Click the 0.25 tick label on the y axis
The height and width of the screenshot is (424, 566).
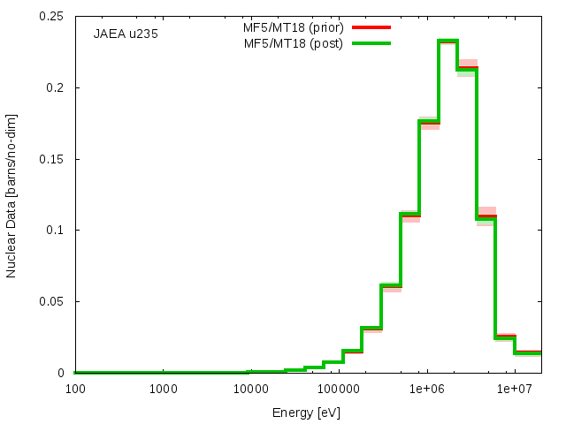click(x=51, y=17)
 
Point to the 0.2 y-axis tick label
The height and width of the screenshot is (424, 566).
click(x=55, y=87)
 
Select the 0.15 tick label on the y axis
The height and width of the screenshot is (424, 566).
click(x=51, y=159)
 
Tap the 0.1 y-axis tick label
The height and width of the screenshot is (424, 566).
click(x=55, y=230)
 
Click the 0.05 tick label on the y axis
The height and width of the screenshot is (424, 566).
click(x=51, y=301)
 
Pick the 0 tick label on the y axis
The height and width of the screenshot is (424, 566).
click(x=60, y=373)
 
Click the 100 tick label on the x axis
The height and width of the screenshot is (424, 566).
click(x=75, y=390)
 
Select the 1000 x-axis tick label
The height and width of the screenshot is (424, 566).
click(x=163, y=390)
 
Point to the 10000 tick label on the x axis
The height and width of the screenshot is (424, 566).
click(x=251, y=390)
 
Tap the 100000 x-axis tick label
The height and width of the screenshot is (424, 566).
click(x=339, y=390)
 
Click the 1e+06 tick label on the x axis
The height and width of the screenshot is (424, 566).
click(x=427, y=390)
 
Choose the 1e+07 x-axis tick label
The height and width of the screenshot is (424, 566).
click(x=515, y=390)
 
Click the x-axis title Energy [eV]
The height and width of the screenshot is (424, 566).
click(x=306, y=413)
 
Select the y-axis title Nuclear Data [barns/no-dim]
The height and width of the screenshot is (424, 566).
click(x=11, y=196)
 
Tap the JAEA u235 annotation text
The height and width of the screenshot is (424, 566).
click(x=126, y=34)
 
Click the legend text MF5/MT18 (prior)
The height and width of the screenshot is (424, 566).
click(x=293, y=27)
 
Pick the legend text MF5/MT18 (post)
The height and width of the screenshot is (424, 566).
click(x=293, y=43)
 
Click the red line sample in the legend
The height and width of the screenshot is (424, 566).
click(x=371, y=27)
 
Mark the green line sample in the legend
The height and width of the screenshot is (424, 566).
click(x=371, y=43)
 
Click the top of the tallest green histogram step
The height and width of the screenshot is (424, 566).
click(x=448, y=41)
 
